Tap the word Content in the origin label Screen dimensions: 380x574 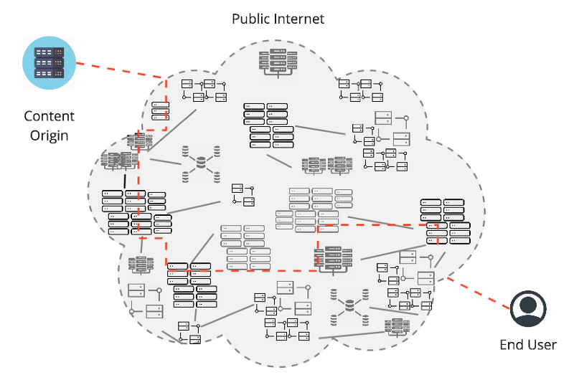coord(49,116)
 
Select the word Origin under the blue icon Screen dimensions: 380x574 coord(49,135)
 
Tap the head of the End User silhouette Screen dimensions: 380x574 coord(529,302)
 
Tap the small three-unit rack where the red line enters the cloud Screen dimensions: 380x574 coord(161,111)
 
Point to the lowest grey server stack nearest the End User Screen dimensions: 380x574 coord(396,328)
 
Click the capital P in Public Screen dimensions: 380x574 coord(235,19)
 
